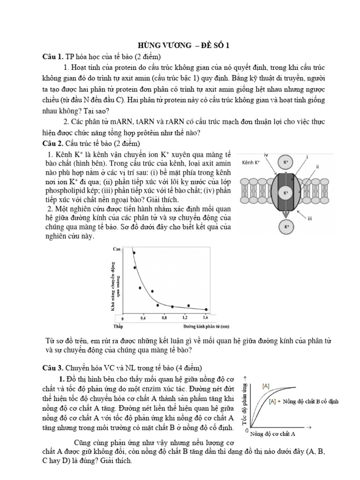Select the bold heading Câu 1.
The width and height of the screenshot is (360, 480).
click(52, 57)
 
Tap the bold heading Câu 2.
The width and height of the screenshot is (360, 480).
click(52, 143)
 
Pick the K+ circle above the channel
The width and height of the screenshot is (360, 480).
click(285, 163)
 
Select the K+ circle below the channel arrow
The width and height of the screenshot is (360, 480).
click(285, 227)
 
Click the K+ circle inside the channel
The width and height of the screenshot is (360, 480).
click(285, 193)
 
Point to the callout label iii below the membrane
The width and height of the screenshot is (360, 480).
click(309, 217)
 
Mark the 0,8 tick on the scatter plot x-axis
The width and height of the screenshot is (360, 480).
click(164, 318)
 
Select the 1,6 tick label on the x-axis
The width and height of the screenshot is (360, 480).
click(205, 318)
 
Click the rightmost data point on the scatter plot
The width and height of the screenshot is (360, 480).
click(206, 309)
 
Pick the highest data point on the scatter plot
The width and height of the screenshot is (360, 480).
click(134, 253)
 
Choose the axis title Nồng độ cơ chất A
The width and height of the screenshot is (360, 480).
click(272, 434)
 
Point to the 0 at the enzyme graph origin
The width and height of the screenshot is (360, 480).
click(247, 430)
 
